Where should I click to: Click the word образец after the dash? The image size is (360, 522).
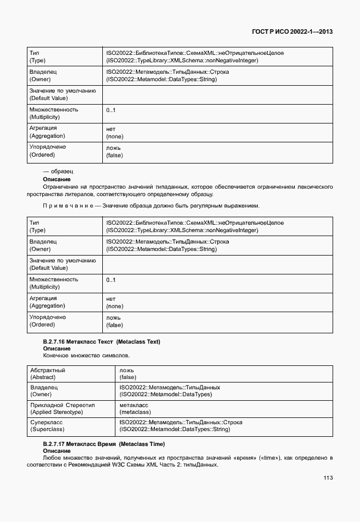tap(62, 172)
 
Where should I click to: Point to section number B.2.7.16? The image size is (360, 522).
tap(54, 341)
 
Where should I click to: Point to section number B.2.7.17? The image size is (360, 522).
tap(54, 444)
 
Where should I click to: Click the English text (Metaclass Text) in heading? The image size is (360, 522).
tap(138, 341)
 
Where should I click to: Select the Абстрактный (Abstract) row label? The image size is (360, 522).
tap(48, 374)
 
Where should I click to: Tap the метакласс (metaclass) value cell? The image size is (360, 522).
tap(135, 408)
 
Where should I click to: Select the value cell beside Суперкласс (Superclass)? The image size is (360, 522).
tap(181, 425)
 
